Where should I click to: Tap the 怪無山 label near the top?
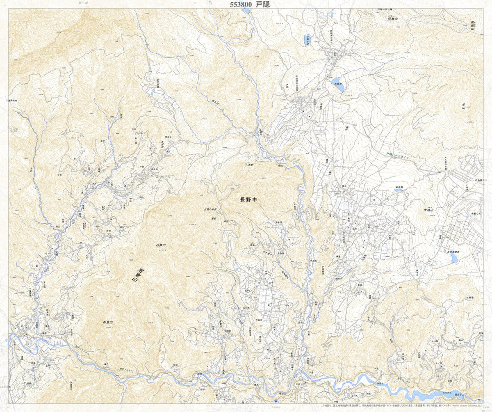(x=393, y=19)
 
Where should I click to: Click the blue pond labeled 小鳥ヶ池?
(x=308, y=39)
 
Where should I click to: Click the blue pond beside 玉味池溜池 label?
(x=453, y=257)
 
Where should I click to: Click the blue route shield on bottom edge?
(x=276, y=399)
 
